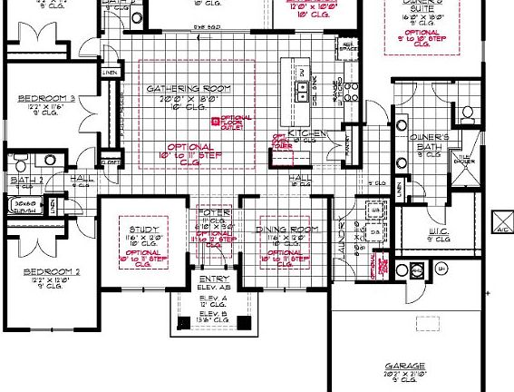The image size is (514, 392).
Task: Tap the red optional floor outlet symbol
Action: [x=215, y=120]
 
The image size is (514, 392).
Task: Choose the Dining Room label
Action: [x=286, y=230]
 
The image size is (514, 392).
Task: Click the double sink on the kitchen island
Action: [x=299, y=89]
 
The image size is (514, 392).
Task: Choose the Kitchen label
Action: [x=302, y=132]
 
